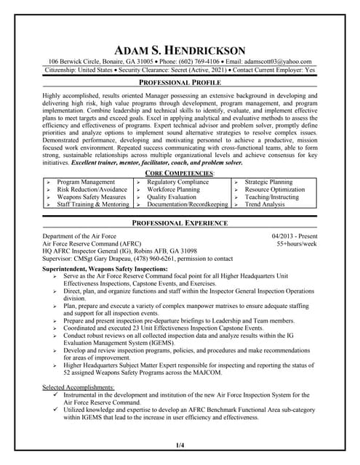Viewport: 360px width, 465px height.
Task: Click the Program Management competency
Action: coord(86,182)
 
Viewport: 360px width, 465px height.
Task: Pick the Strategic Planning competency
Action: coord(268,182)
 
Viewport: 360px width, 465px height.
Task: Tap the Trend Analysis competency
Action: coord(265,205)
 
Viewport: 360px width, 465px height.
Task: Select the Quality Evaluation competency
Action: coord(172,197)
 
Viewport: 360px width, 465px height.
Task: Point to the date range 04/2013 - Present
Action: coord(295,237)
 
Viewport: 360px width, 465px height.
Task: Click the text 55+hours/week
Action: coord(297,244)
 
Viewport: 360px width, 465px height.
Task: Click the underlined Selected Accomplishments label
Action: coord(79,387)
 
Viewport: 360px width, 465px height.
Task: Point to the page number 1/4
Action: coord(180,444)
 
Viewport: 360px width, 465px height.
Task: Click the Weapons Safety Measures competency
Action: coord(91,197)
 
